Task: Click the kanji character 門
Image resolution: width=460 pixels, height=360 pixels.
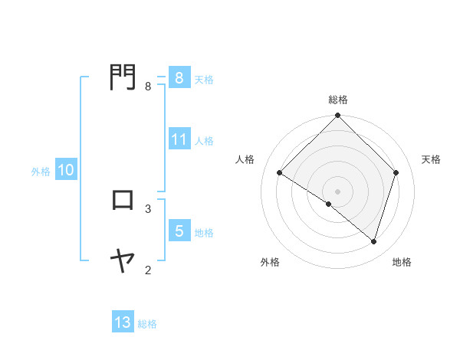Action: coord(122,77)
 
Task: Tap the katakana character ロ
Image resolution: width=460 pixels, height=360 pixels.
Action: coord(122,200)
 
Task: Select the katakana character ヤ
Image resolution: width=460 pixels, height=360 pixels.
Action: coord(122,261)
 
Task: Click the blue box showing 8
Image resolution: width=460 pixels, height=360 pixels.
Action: coord(179,77)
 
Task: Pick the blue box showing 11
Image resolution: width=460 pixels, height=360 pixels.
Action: coord(179,139)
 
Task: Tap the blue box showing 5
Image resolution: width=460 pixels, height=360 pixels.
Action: coord(179,231)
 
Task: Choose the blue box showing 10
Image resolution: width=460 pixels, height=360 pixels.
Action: coord(65,170)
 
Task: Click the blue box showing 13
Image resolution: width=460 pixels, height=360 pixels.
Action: coord(122,322)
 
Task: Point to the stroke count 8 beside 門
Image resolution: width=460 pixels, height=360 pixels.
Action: coord(148,87)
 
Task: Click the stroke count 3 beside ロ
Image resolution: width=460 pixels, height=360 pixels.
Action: coord(148,208)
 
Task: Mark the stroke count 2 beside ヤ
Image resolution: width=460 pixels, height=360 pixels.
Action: coord(148,269)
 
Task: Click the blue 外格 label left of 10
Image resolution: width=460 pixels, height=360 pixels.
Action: coord(41,172)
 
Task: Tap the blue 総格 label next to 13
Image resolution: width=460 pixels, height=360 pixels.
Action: coord(147,324)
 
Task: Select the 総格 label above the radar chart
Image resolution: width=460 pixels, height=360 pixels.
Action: coord(338,100)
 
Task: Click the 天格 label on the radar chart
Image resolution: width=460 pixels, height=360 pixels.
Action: coord(431,159)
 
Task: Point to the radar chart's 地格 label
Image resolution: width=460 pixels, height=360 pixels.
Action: coord(402,262)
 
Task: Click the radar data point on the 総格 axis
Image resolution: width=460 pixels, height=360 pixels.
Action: coord(338,116)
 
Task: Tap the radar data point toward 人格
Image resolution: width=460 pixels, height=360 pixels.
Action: coord(280,172)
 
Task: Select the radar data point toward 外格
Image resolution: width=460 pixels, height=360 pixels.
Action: coord(329,205)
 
